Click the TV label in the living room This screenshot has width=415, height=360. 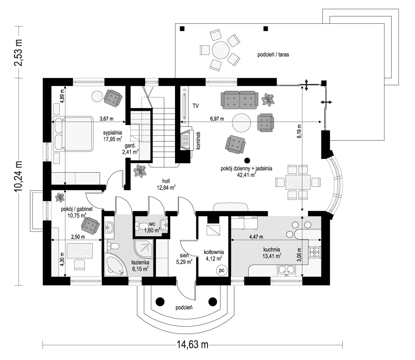(196, 105)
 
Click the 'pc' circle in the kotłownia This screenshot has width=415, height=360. (221, 270)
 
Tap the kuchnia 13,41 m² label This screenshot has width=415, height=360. (272, 252)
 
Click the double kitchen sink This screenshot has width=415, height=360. (286, 271)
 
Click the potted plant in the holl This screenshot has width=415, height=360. (140, 171)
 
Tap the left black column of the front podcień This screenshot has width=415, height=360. (160, 302)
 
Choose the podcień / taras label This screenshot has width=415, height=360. (273, 55)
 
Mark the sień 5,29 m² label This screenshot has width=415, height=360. (185, 258)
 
